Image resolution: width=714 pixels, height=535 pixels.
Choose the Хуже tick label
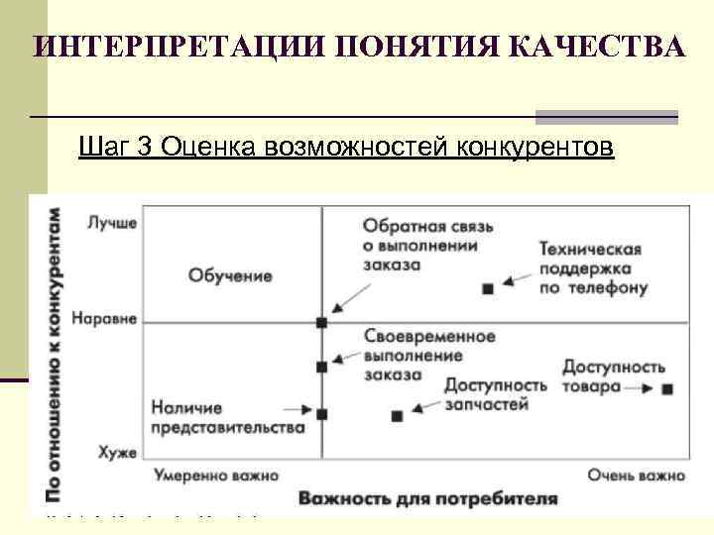tap(116, 452)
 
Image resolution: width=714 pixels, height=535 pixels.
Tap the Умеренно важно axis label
tap(216, 475)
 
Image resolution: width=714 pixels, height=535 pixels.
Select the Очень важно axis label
tap(636, 475)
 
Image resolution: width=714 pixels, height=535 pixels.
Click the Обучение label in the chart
tap(230, 275)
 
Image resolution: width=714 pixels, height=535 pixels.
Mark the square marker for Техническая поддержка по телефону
tap(487, 288)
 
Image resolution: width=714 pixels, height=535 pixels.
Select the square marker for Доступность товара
tap(666, 389)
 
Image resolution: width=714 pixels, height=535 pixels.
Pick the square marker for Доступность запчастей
tap(398, 416)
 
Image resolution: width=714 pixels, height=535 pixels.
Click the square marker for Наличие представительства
tap(321, 412)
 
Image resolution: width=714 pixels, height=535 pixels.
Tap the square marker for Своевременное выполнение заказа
tap(321, 367)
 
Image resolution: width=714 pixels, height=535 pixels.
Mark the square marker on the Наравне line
tap(321, 322)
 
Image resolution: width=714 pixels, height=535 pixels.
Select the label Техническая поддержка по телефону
tap(594, 268)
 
